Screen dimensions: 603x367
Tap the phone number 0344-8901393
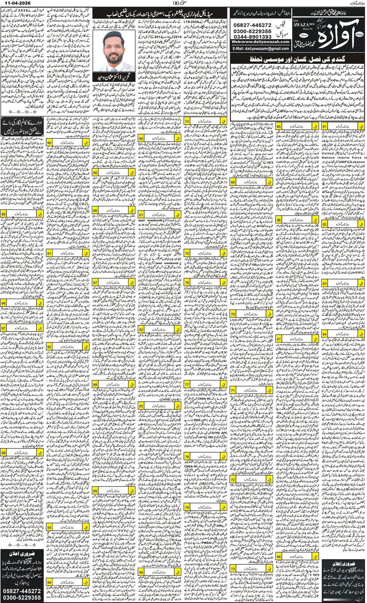[252, 36]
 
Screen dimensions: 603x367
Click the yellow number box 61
[325, 126]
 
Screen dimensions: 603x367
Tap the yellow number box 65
[278, 126]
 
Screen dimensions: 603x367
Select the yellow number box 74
[187, 121]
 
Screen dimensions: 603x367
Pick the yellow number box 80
[141, 139]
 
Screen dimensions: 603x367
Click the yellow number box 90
[50, 142]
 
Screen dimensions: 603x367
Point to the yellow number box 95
[4, 214]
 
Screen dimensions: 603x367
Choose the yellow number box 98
[4, 453]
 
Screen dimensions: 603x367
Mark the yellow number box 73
[233, 569]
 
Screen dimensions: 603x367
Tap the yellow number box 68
[278, 557]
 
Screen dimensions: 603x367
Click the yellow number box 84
[141, 572]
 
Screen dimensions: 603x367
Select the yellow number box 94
[50, 582]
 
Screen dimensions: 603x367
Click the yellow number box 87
[95, 283]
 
